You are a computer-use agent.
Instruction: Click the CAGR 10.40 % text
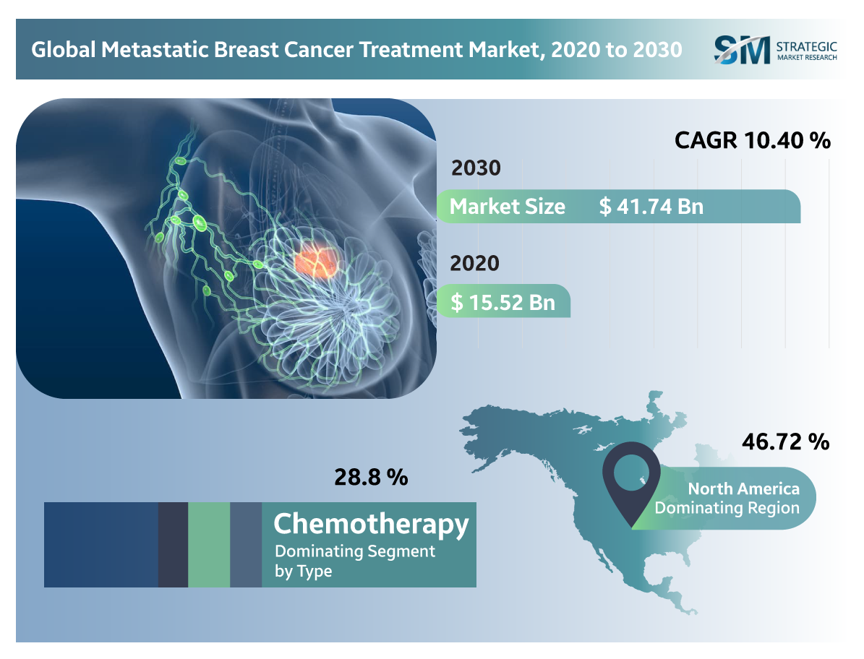coord(752,140)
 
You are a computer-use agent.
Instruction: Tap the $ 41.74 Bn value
coord(651,207)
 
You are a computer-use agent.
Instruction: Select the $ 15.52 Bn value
coord(502,301)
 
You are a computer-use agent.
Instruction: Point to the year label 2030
coord(476,168)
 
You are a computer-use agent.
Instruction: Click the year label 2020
coord(474,263)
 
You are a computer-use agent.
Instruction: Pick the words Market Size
coord(507,207)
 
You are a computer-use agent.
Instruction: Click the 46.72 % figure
coord(785,442)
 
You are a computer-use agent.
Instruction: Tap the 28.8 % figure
coord(370,477)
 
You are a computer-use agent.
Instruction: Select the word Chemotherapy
coord(371,523)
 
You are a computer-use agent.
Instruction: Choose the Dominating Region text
coord(727,508)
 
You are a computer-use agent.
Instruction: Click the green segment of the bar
coord(209,545)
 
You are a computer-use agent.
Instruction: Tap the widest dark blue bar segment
coord(101,545)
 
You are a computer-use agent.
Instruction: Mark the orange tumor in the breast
coord(317,261)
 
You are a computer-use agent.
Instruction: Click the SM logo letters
coord(742,50)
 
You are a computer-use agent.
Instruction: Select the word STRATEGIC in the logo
coord(806,46)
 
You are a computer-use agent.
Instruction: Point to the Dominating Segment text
coord(354,551)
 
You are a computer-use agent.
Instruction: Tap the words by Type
coord(303,571)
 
